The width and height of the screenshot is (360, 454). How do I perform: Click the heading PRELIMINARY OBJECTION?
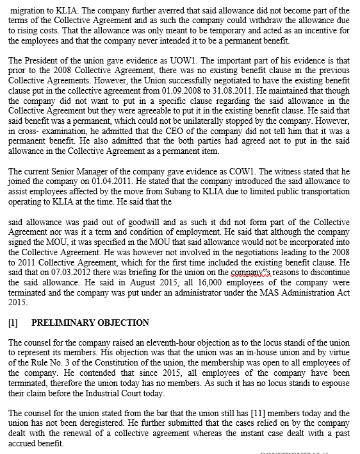click(90, 323)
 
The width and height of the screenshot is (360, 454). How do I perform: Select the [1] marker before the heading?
click(13, 323)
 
